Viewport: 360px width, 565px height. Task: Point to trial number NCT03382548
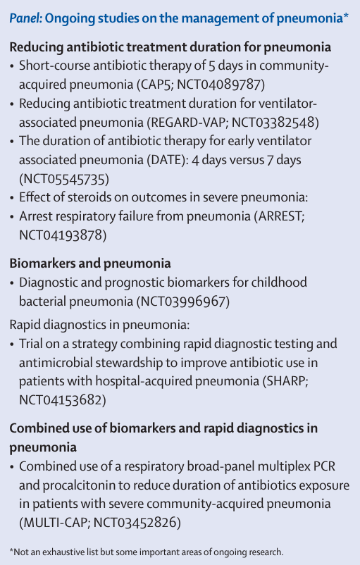[277, 122]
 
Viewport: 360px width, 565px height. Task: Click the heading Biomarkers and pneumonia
[90, 263]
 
